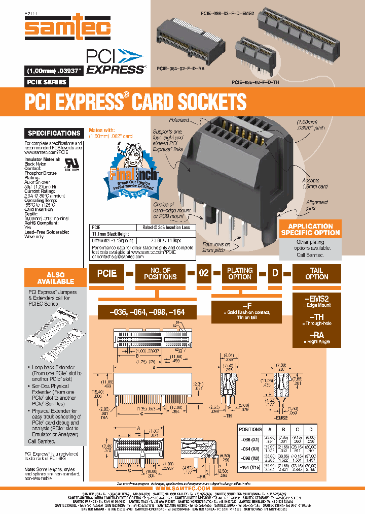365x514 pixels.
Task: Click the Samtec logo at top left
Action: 67,25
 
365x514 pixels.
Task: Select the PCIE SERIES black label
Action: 46,82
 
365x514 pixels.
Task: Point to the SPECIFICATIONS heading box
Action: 54,133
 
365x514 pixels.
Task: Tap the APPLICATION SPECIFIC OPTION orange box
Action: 310,229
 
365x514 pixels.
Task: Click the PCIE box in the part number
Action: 106,273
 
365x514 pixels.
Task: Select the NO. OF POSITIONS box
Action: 160,273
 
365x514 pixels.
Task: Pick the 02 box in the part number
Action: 203,273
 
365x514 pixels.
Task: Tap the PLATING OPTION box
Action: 240,273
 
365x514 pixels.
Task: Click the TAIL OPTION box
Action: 316,273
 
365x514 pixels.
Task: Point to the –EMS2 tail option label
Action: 316,299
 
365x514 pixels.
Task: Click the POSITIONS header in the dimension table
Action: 249,429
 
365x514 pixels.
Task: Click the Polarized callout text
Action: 179,120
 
